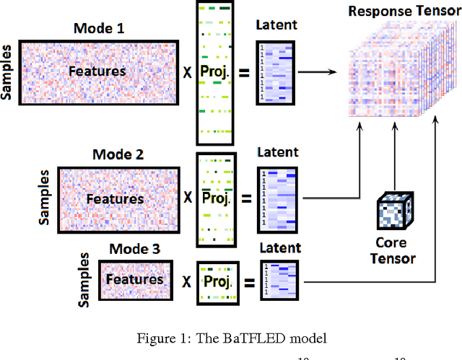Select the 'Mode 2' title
(119, 155)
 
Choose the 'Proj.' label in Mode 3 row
(216, 280)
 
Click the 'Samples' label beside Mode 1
(8, 73)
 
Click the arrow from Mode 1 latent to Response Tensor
(320, 71)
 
